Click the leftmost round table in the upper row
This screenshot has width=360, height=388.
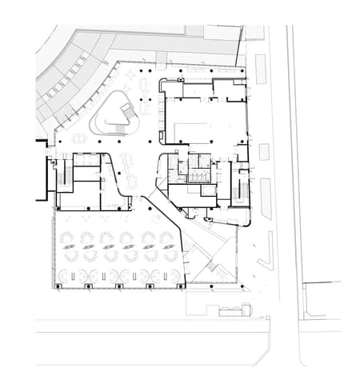[x=67, y=238]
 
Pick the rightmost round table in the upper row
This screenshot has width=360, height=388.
[x=166, y=238]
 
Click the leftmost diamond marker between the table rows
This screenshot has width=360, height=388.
[x=70, y=247]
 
